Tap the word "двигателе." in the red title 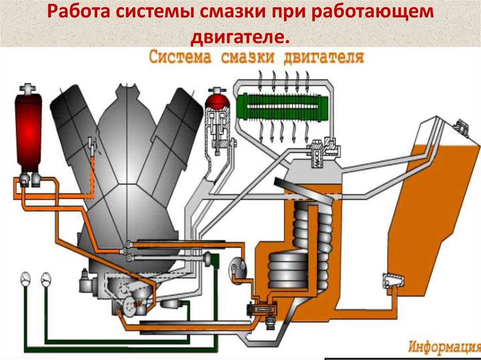[240, 37]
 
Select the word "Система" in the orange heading [180, 57]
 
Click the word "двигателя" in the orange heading [324, 57]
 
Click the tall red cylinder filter [28, 132]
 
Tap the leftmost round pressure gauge [25, 279]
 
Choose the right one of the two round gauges [46, 279]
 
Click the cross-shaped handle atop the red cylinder [28, 88]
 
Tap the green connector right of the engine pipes [212, 260]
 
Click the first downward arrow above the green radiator [261, 78]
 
